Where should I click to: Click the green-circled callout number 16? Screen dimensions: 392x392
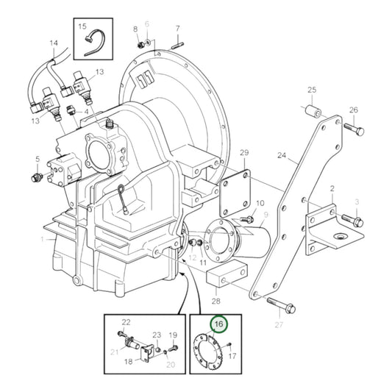tap(218, 324)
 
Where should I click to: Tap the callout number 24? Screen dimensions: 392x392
tap(281, 155)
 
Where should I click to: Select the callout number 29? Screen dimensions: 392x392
tap(244, 153)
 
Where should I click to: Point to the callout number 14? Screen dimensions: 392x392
tap(53, 43)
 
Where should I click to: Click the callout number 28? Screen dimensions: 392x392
tap(215, 301)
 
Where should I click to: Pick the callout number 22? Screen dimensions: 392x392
tap(126, 323)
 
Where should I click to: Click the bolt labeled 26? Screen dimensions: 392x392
tap(352, 131)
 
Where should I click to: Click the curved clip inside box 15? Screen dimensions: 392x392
tap(94, 41)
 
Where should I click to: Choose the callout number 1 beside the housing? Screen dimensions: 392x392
tap(43, 238)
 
